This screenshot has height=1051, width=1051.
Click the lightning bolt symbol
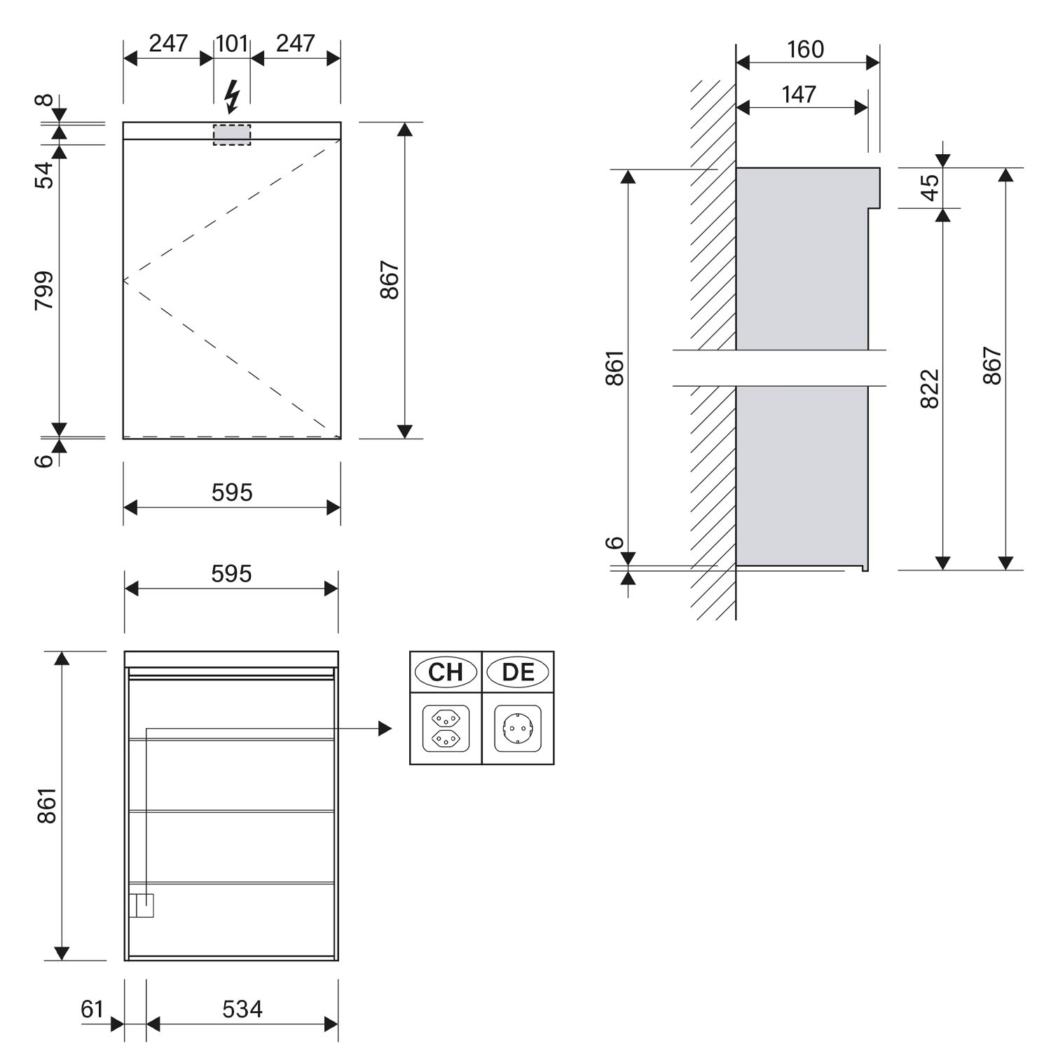[231, 97]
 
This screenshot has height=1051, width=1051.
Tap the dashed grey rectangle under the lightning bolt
[232, 135]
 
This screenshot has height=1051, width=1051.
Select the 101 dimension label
[232, 43]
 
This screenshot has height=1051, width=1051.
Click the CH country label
[446, 672]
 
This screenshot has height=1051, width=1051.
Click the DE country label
[518, 672]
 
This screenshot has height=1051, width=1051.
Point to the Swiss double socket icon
[446, 729]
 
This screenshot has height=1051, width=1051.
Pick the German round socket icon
[518, 729]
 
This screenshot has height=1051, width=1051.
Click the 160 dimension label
[805, 50]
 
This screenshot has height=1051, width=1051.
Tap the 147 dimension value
[799, 95]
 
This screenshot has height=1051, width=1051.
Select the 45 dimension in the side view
[929, 187]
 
